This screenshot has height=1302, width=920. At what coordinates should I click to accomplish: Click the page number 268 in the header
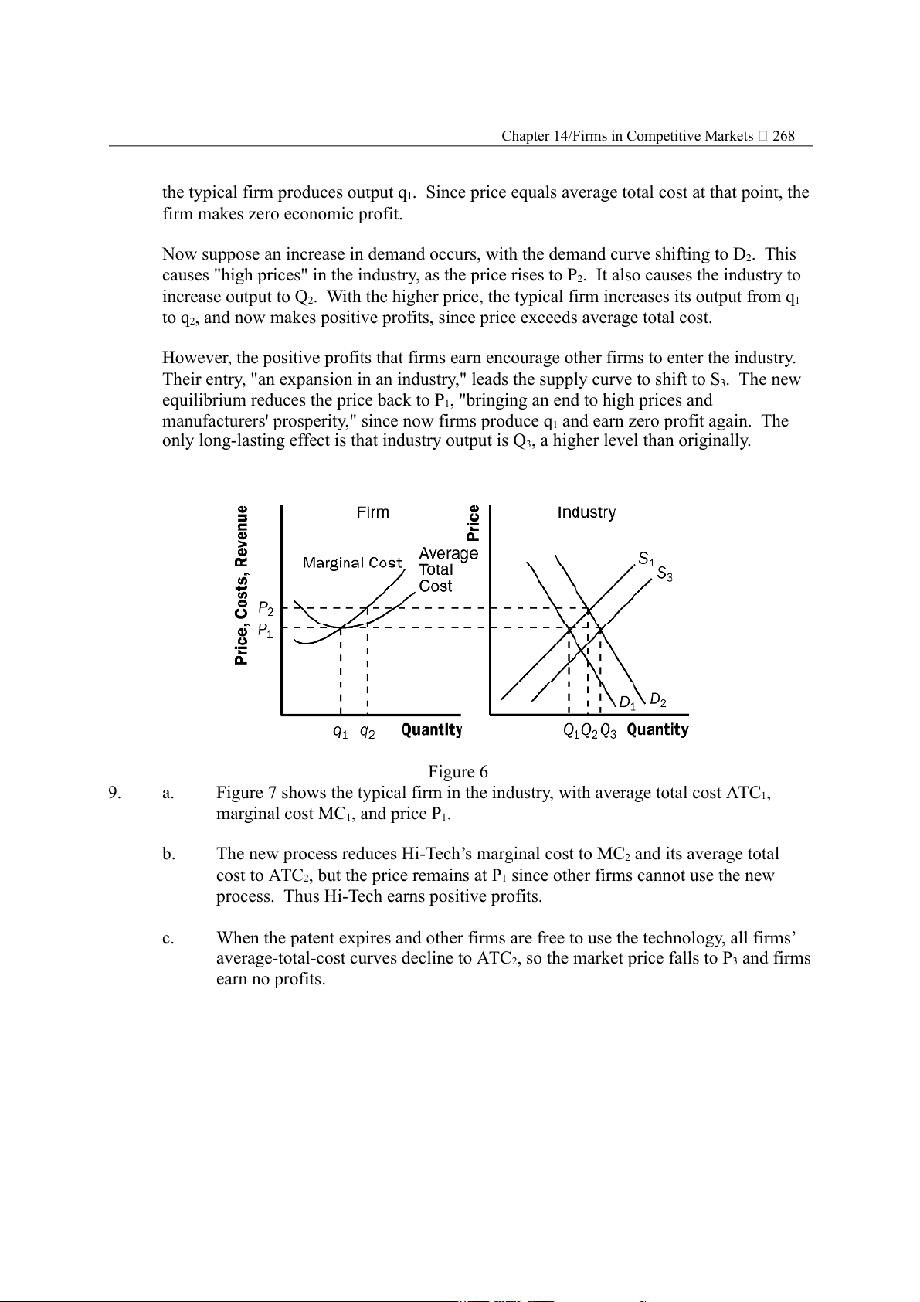point(783,136)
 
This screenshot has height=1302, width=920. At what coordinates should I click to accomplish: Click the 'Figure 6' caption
point(458,772)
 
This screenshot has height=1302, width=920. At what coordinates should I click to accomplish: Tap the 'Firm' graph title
point(373,512)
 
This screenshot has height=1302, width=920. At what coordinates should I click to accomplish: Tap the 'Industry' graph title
point(586,512)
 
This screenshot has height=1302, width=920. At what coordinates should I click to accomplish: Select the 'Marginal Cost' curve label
point(353,563)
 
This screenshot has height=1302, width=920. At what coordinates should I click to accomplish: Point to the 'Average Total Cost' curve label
point(447,569)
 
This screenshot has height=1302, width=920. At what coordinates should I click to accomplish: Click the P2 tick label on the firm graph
point(265,608)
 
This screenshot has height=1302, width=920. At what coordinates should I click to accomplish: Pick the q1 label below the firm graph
point(340,731)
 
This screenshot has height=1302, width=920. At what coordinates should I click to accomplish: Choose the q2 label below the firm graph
point(367,731)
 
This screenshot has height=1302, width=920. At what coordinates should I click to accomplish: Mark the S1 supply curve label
point(646,559)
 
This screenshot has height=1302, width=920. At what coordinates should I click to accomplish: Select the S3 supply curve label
point(664,574)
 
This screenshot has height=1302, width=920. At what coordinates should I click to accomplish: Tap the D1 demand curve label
point(627,703)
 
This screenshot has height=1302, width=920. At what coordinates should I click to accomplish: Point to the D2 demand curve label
point(657,700)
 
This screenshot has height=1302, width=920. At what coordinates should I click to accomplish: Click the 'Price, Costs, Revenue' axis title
point(243,585)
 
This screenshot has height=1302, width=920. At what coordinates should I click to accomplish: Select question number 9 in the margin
point(114,793)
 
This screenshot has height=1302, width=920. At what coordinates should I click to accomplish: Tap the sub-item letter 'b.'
point(168,854)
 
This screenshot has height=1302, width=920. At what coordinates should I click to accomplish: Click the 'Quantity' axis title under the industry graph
point(657,729)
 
